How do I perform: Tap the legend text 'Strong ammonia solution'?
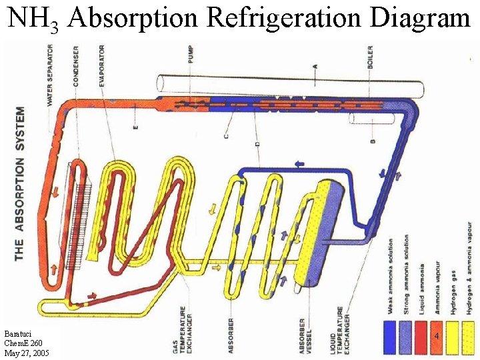click(x=407, y=274)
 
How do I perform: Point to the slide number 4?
click(x=436, y=337)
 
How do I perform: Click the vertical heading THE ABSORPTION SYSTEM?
click(x=20, y=183)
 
